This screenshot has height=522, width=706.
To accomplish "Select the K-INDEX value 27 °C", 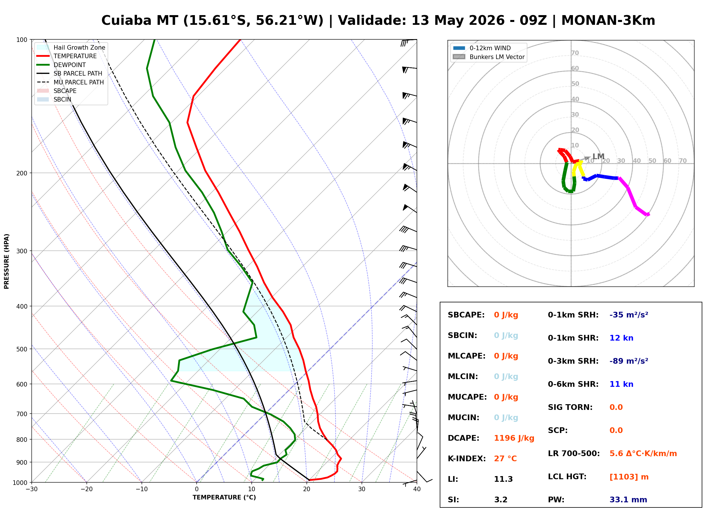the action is pyautogui.click(x=505, y=459).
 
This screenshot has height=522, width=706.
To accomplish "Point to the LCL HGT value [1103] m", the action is pyautogui.click(x=629, y=477).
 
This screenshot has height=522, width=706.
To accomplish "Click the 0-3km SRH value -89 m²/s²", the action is pyautogui.click(x=629, y=361).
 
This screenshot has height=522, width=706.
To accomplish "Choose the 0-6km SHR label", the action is pyautogui.click(x=573, y=384).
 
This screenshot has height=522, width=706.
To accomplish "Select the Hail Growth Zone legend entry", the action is pyautogui.click(x=71, y=47).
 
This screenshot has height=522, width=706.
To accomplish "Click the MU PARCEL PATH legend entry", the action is pyautogui.click(x=70, y=82).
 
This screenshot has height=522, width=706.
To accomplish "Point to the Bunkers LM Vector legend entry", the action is pyautogui.click(x=489, y=57).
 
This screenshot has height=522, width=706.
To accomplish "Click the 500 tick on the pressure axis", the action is pyautogui.click(x=22, y=349).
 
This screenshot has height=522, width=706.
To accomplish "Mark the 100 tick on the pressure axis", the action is pyautogui.click(x=22, y=39).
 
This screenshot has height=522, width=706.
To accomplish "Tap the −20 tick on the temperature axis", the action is pyautogui.click(x=86, y=489).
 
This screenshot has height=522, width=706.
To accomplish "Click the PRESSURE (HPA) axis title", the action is pyautogui.click(x=6, y=261).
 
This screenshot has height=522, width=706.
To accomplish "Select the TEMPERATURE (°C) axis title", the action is pyautogui.click(x=224, y=497).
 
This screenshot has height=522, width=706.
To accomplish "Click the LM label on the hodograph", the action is pyautogui.click(x=598, y=156).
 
